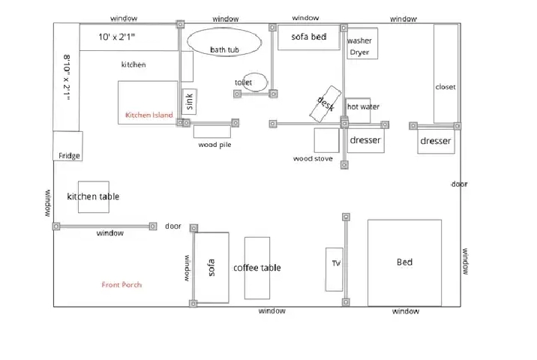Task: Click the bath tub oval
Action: [224, 42]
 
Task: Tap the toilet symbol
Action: [255, 82]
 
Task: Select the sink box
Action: [190, 102]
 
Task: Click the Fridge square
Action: [67, 146]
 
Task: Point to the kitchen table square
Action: [94, 197]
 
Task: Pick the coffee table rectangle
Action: [257, 268]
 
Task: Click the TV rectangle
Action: [334, 269]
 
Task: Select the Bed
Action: [404, 262]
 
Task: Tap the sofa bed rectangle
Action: [308, 37]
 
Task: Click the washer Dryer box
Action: [362, 43]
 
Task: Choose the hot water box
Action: [358, 111]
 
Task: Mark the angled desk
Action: [325, 103]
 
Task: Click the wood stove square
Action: [327, 140]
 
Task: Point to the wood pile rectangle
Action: [212, 131]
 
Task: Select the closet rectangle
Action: [445, 73]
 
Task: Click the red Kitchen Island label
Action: [149, 115]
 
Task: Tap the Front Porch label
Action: [121, 285]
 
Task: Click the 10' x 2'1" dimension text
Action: [116, 37]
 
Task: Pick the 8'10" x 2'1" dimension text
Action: [67, 77]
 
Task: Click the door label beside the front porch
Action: [173, 226]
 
